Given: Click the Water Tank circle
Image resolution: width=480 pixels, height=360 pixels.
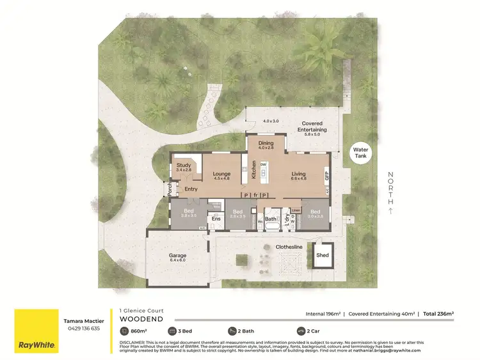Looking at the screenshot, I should point(360,154).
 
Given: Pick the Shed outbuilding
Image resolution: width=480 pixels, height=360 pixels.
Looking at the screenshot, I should point(323,255).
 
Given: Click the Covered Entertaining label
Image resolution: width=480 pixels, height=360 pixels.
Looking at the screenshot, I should point(312,125).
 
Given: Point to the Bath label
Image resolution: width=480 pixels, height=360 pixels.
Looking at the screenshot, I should point(271,219).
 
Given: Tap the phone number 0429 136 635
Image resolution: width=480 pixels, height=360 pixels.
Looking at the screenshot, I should point(81,328).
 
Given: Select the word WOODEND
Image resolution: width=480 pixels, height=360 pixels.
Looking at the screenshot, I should point(141,318).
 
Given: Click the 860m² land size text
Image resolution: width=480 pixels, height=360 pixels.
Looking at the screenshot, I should point(137,331).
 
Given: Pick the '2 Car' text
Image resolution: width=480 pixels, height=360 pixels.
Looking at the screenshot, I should point(314,331).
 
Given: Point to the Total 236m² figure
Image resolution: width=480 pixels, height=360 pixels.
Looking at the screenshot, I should point(438,314).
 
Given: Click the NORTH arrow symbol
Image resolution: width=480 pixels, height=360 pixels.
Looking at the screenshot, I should point(391,210).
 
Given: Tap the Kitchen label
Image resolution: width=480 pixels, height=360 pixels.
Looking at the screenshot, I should point(253,169).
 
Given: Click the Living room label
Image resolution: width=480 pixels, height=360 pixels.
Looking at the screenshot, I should point(298,176).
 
